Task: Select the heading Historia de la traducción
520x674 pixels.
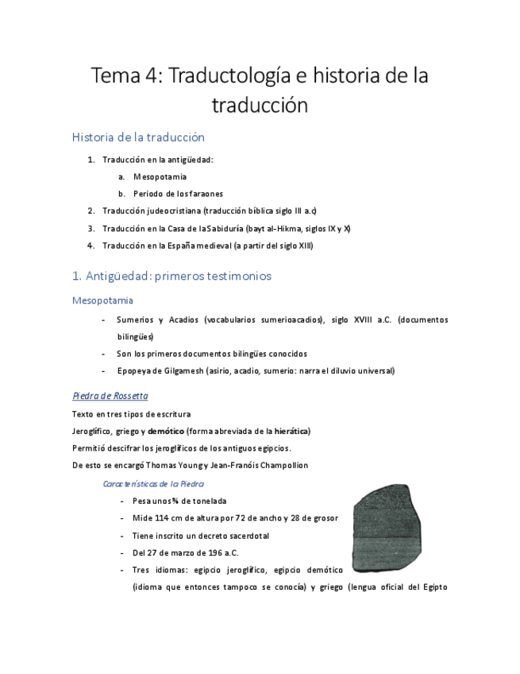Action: point(138,137)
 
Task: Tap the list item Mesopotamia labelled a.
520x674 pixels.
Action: point(160,176)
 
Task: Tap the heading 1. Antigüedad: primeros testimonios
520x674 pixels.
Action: point(171,276)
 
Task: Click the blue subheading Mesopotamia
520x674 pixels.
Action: point(102,300)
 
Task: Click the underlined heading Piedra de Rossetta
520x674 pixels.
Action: point(110,396)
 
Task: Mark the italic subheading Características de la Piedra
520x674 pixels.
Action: point(154,483)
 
